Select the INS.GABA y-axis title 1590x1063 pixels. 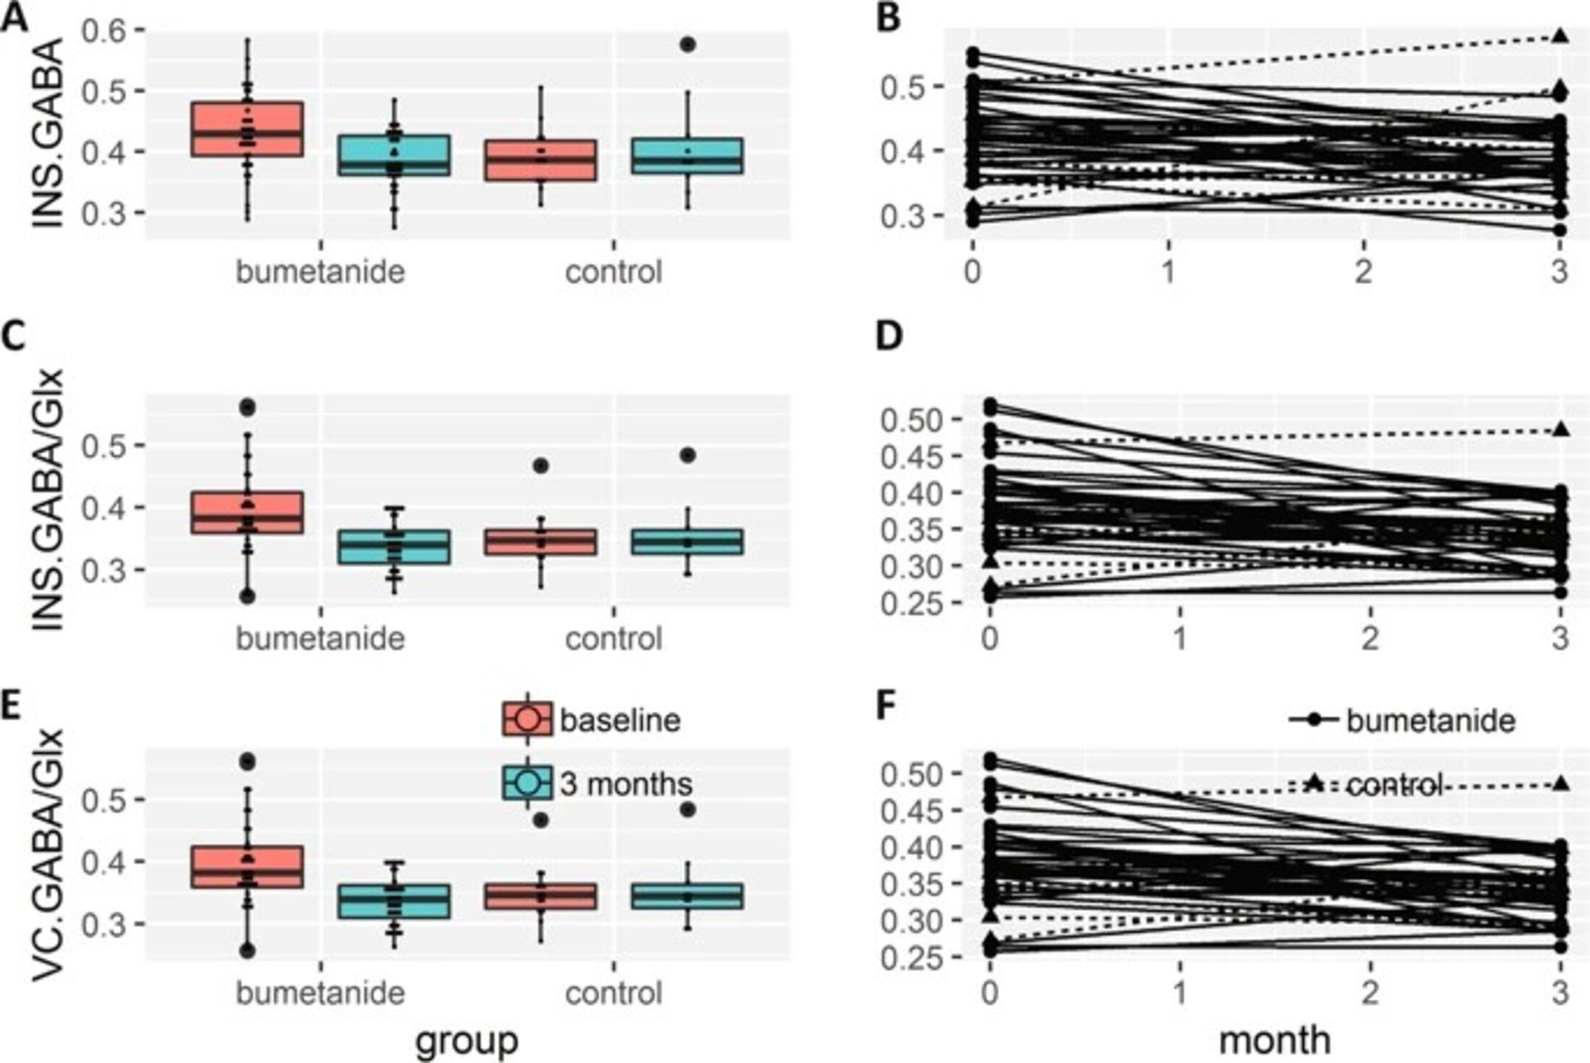point(48,137)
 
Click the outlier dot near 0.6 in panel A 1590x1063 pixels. point(687,45)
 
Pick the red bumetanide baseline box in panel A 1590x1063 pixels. point(247,129)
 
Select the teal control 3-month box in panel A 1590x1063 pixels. point(687,155)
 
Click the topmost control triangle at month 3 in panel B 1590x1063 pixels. point(1560,36)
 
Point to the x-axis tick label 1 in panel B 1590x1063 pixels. point(1169,272)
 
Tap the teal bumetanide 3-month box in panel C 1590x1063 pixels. point(394,547)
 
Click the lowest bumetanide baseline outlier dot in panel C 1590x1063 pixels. point(247,596)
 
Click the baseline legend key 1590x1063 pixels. point(527,720)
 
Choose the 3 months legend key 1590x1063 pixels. point(527,783)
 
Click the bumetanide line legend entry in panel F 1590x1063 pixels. point(1402,720)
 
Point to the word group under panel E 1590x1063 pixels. point(467,1041)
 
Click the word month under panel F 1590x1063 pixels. point(1275,1041)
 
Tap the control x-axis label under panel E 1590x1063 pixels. point(614,994)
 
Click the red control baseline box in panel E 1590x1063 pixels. point(541,896)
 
